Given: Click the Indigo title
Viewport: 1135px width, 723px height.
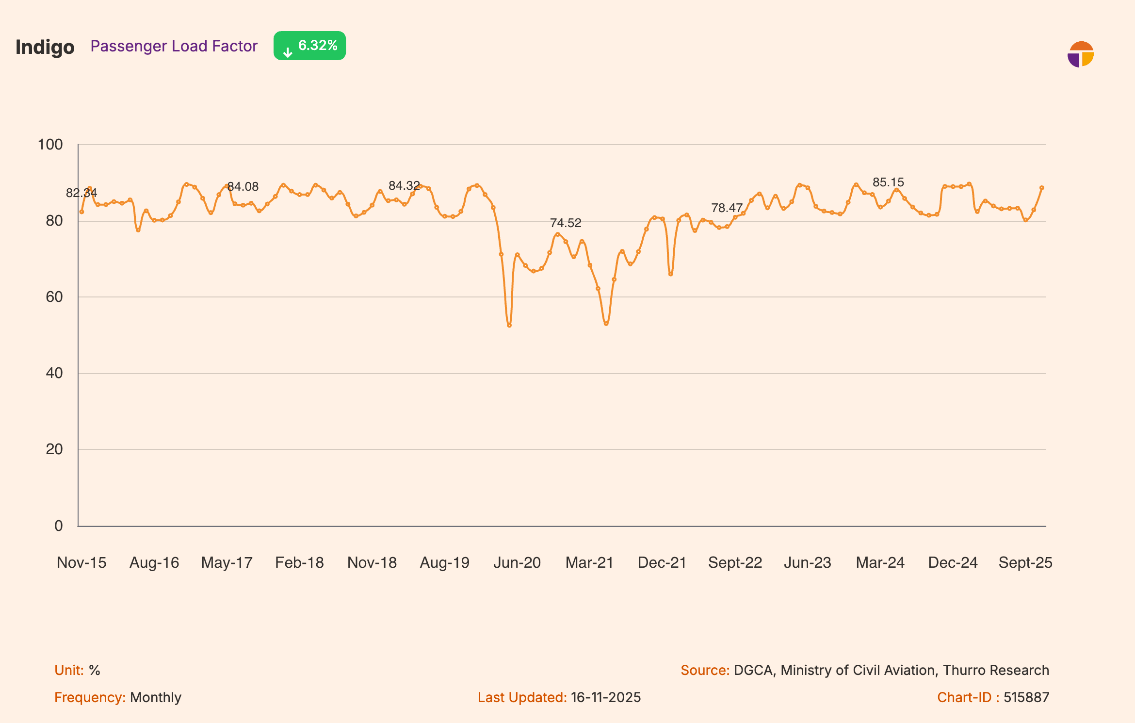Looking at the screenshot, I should [x=45, y=47].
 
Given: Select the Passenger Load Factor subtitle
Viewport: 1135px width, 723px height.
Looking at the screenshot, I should [x=174, y=46].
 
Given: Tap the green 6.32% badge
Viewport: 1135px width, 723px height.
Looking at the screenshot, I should [x=309, y=46].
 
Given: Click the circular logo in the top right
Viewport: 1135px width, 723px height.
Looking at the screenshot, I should [x=1080, y=54].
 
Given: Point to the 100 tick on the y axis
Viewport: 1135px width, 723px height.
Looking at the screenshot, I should [x=50, y=145].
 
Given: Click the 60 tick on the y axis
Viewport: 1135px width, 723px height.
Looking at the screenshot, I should [x=54, y=297].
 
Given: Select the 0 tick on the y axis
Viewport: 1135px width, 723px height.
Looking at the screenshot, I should [x=58, y=526].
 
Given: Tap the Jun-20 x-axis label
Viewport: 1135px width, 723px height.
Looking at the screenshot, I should [x=517, y=562].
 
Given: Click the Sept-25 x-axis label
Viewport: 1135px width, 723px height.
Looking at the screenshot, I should [x=1025, y=562].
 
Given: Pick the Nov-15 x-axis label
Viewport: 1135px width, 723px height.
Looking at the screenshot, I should [x=81, y=562].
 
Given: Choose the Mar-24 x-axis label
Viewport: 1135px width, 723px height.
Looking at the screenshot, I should [x=880, y=562].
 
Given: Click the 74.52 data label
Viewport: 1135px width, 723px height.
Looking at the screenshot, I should [x=565, y=223].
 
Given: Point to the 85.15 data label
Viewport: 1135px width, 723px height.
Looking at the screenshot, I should [x=888, y=182].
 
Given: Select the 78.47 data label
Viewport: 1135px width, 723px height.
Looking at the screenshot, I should [x=727, y=208].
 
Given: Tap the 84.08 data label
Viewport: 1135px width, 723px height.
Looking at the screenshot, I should [x=243, y=187].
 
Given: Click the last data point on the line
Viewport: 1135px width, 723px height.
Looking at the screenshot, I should [x=1041, y=188].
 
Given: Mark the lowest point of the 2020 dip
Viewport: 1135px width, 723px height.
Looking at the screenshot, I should [x=509, y=326].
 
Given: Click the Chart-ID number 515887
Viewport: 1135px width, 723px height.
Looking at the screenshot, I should [x=1026, y=697].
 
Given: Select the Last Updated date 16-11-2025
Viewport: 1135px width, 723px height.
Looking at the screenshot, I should [x=605, y=697].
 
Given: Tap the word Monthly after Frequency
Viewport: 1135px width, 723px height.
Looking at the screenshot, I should [x=155, y=697].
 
